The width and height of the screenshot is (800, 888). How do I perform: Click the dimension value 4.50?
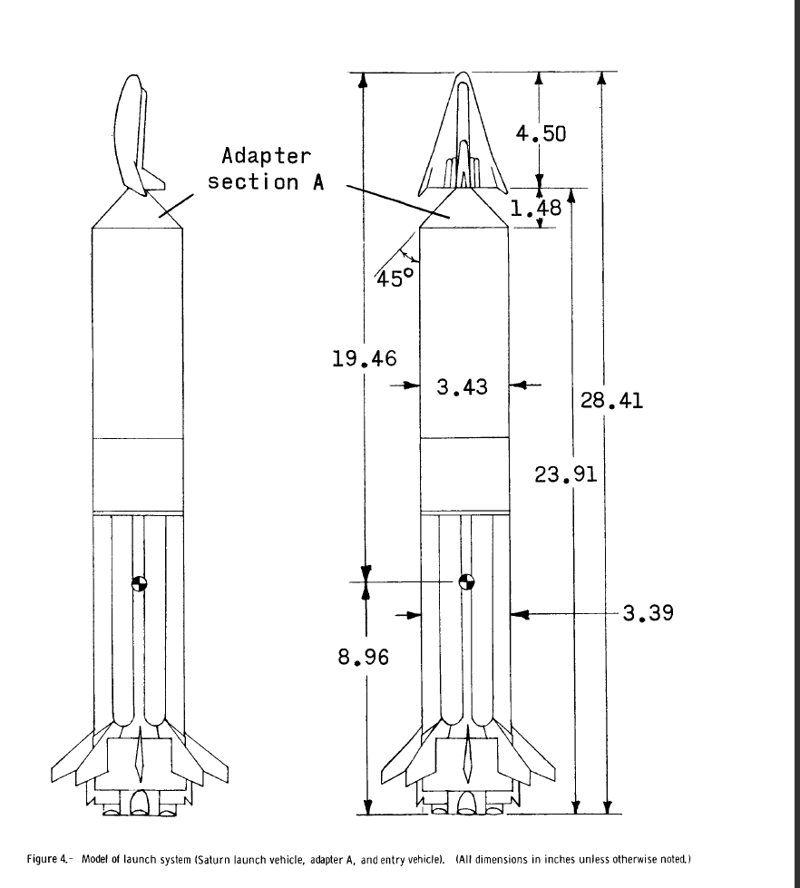click(541, 133)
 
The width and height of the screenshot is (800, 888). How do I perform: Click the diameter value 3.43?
click(462, 387)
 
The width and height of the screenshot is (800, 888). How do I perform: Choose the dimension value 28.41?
click(611, 400)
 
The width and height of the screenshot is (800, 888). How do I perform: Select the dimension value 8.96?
click(364, 656)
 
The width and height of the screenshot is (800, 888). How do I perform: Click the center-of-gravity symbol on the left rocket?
click(138, 583)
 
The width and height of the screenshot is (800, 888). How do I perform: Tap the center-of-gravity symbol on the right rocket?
click(466, 582)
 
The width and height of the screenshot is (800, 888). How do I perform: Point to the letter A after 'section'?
click(317, 181)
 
